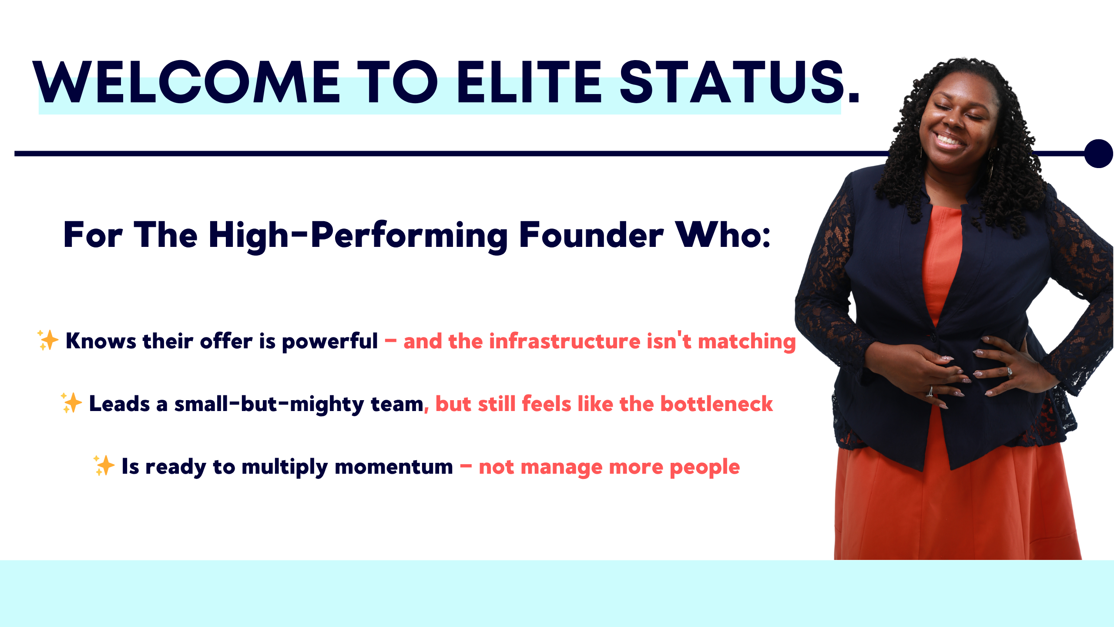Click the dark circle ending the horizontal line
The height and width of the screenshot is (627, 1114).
[x=1099, y=153]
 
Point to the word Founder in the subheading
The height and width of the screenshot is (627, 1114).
[x=591, y=235]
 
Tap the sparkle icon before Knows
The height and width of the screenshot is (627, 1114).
[x=47, y=340]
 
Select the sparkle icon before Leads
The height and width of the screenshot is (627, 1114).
[x=71, y=402]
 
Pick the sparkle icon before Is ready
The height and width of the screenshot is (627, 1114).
[x=104, y=465]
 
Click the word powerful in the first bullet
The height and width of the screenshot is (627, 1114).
[x=330, y=342]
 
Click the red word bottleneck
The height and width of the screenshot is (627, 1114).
[x=717, y=404]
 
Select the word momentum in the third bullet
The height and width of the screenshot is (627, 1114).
[x=394, y=467]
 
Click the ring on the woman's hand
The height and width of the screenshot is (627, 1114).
[x=929, y=391]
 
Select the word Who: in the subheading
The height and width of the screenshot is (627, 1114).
[x=723, y=235]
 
